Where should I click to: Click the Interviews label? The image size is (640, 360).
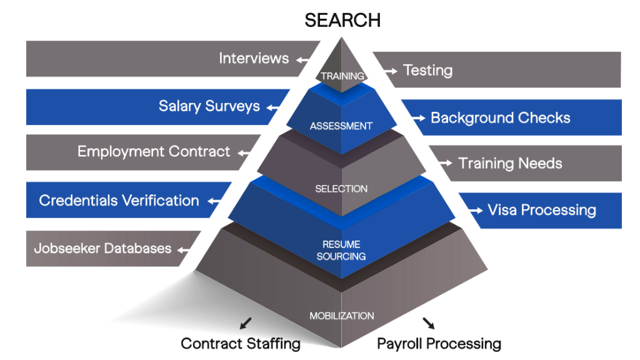(x=254, y=59)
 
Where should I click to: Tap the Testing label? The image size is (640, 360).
(x=427, y=71)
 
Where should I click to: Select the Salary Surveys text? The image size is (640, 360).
(x=209, y=106)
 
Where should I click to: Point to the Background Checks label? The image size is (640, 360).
(x=500, y=117)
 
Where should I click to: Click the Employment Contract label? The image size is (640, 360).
(x=154, y=152)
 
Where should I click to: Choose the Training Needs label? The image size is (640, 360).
(x=510, y=164)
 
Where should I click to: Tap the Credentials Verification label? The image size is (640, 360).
(x=119, y=201)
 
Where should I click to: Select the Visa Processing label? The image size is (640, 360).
(x=541, y=210)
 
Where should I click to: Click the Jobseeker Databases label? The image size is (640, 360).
(x=102, y=249)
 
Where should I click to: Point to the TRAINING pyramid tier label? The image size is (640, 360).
(x=342, y=76)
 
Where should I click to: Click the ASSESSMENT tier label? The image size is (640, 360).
(x=341, y=126)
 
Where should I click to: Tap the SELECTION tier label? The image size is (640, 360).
(x=341, y=189)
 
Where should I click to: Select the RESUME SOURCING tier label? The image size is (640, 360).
(x=341, y=250)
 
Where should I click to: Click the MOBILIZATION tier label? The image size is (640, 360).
(x=342, y=316)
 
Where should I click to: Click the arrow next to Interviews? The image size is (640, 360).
(x=304, y=60)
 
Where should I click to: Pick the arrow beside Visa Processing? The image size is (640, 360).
(x=475, y=210)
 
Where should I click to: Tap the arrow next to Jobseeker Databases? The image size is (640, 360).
(x=185, y=250)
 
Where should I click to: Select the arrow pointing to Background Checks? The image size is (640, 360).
(x=417, y=117)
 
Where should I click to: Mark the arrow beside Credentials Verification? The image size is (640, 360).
(x=216, y=201)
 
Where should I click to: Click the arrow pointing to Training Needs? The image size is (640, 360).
(x=444, y=163)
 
